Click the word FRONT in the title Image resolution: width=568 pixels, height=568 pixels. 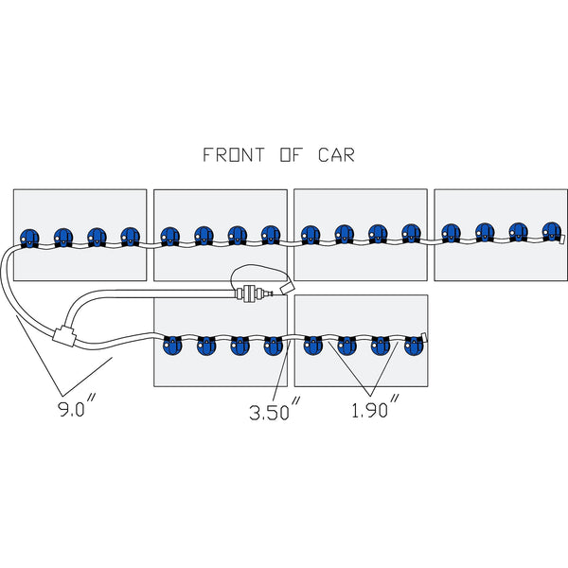(234, 154)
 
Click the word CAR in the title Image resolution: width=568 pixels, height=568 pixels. (336, 154)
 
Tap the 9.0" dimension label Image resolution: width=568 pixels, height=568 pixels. (78, 406)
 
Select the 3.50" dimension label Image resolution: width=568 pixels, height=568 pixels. (275, 409)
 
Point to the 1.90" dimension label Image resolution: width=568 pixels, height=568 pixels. (375, 406)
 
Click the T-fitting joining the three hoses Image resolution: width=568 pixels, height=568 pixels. (63, 335)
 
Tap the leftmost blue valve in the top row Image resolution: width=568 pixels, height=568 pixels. (29, 239)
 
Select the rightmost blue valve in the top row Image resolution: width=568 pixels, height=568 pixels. (552, 232)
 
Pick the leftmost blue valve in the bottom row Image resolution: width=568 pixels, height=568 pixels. (172, 346)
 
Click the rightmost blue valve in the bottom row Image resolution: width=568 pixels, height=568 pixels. (414, 346)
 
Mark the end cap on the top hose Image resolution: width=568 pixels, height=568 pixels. (562, 240)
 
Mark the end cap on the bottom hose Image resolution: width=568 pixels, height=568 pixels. (424, 337)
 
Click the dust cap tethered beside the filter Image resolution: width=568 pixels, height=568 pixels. (287, 289)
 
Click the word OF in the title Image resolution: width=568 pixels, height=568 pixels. (291, 154)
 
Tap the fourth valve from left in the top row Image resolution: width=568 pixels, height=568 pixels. (130, 237)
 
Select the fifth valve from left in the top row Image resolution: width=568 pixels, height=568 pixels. (169, 237)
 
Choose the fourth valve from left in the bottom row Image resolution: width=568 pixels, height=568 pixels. (274, 346)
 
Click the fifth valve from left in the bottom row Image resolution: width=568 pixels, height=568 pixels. (313, 346)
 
